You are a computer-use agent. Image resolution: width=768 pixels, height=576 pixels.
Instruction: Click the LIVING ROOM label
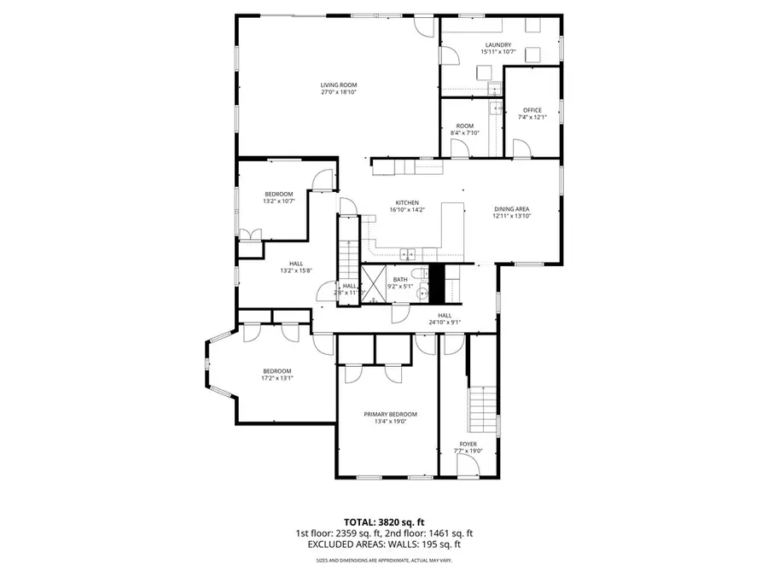[338, 84]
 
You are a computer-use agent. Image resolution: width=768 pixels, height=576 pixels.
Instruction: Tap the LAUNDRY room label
[497, 44]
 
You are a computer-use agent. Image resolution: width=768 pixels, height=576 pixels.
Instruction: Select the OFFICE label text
[532, 109]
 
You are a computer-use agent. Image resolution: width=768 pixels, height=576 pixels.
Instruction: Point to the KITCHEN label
[406, 202]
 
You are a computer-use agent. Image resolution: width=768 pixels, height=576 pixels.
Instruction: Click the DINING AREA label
[512, 209]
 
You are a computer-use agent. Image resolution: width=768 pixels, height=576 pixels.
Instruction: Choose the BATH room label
[400, 279]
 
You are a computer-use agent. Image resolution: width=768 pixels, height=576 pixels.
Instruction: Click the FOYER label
[468, 445]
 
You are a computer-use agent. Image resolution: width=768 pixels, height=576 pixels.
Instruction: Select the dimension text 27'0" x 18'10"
[338, 92]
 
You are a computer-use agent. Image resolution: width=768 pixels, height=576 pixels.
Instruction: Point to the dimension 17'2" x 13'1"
[277, 378]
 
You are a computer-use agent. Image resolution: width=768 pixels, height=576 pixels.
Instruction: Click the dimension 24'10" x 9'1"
[444, 323]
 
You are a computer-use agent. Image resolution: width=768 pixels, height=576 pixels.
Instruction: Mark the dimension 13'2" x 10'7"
[278, 201]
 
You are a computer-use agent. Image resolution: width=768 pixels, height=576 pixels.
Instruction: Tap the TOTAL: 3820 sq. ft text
[384, 521]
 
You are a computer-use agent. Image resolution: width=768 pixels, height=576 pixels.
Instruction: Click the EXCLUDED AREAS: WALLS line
[384, 544]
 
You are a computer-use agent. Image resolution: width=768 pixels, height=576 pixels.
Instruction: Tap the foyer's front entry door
[468, 465]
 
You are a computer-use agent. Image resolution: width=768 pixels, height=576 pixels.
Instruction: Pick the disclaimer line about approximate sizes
[384, 560]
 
